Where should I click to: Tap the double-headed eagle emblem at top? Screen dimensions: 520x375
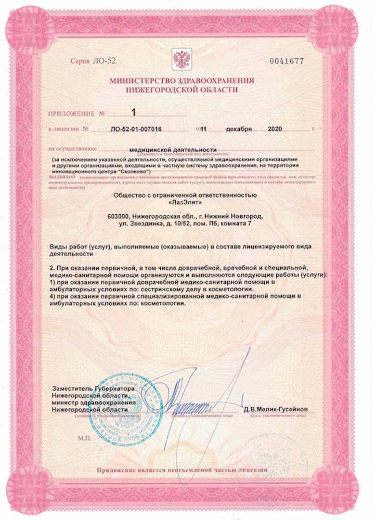pyautogui.click(x=181, y=60)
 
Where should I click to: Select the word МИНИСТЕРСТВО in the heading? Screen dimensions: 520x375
pyautogui.click(x=140, y=81)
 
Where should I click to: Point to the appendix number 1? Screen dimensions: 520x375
pyautogui.click(x=134, y=112)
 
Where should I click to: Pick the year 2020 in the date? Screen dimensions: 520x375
pyautogui.click(x=275, y=129)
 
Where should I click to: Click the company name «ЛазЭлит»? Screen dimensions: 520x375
pyautogui.click(x=185, y=203)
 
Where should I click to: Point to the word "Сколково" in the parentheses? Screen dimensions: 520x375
pyautogui.click(x=133, y=171)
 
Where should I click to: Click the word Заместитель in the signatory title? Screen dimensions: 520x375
pyautogui.click(x=71, y=388)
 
